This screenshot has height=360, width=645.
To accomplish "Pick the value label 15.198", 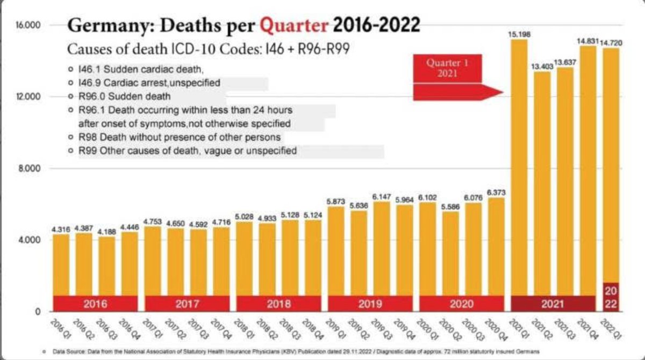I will pos(520,34).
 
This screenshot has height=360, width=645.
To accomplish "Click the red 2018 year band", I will pos(278,304).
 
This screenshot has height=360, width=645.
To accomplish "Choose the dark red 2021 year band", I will pos(553,304).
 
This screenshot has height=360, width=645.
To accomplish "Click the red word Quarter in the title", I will pos(294,25).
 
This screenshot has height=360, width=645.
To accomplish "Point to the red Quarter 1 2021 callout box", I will pos(447,68).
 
